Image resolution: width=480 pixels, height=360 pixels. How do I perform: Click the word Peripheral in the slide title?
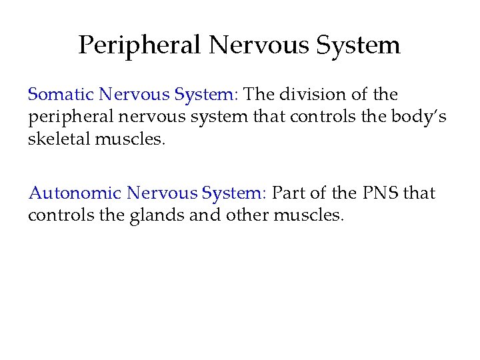(x=139, y=45)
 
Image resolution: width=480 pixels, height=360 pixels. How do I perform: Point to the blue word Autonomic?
(x=75, y=193)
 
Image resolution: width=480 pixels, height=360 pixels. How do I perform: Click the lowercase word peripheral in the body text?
(x=69, y=117)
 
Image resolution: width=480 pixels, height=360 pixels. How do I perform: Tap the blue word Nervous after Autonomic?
(x=161, y=193)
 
